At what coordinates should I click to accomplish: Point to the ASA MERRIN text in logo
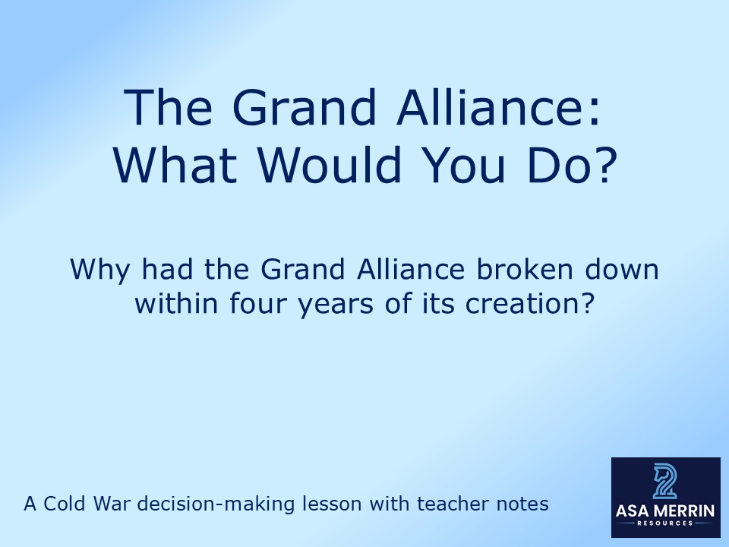[665, 511]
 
